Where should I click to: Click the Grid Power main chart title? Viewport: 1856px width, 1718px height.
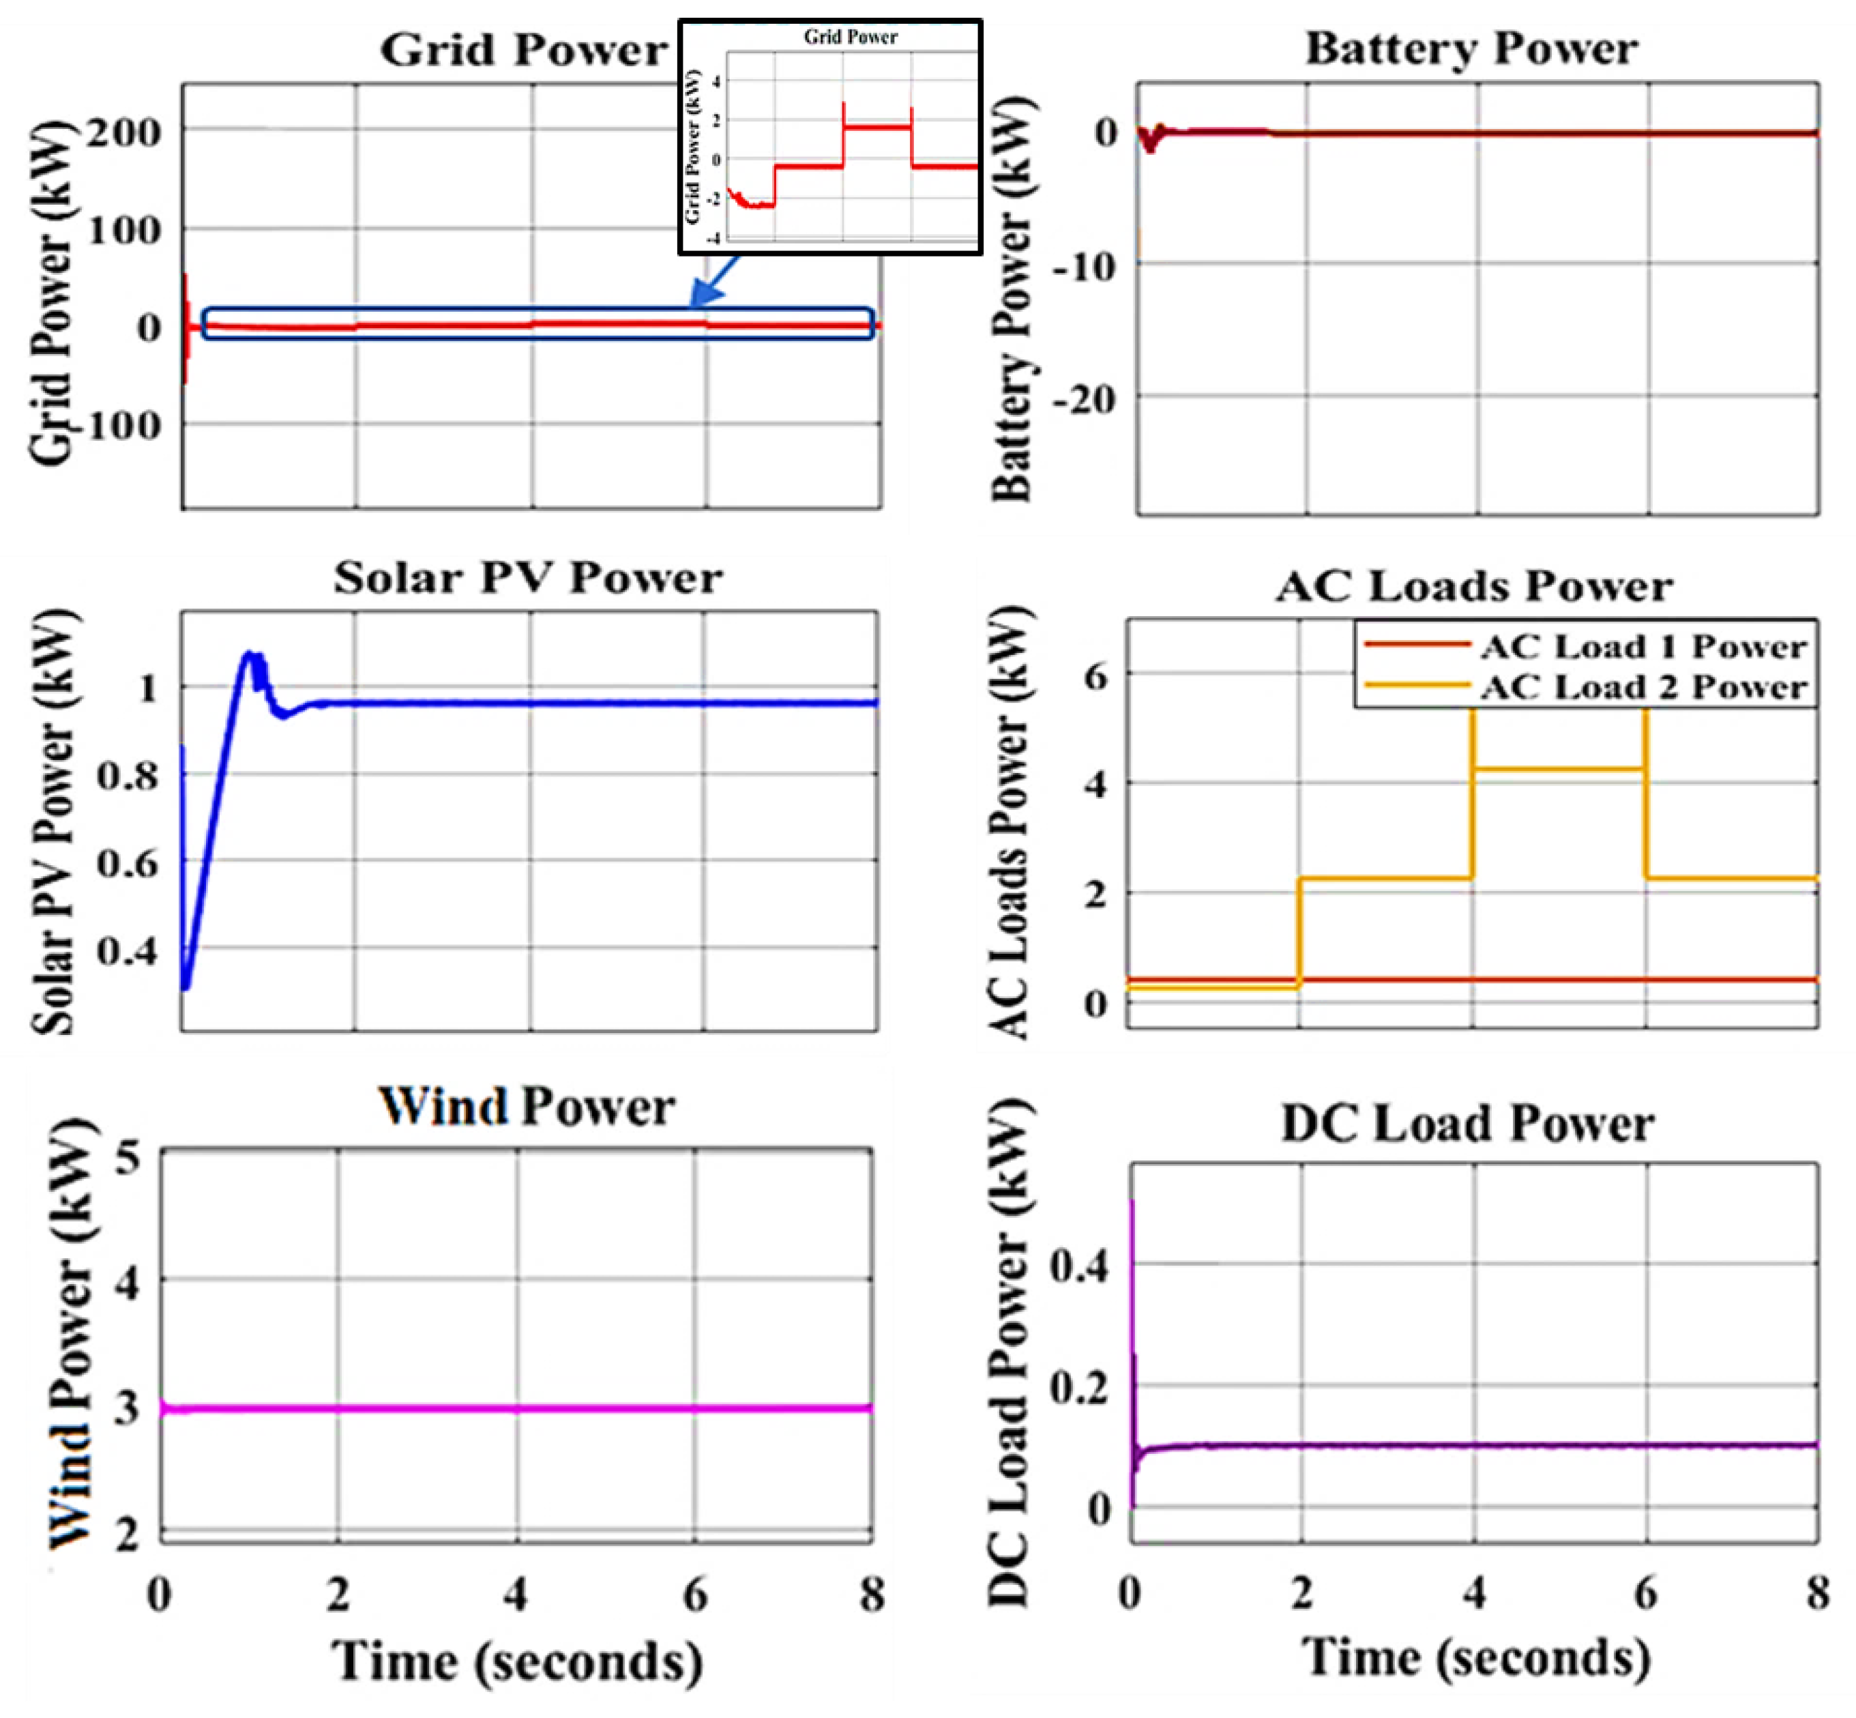pos(523,49)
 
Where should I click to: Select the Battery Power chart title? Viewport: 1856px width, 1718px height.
pos(1471,48)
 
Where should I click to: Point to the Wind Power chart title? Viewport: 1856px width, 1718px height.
pos(526,1107)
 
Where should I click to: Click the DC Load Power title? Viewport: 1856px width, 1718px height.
pos(1467,1123)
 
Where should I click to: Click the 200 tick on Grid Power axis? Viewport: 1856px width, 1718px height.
pos(125,132)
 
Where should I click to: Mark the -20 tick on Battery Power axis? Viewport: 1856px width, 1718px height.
pos(1084,400)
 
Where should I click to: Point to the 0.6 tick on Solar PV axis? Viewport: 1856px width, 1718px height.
pos(128,864)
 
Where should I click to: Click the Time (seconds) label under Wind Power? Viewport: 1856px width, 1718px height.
pos(517,1661)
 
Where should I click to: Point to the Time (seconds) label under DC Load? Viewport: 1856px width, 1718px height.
pos(1475,1657)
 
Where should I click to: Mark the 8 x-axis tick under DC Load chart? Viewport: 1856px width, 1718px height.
pos(1817,1593)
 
